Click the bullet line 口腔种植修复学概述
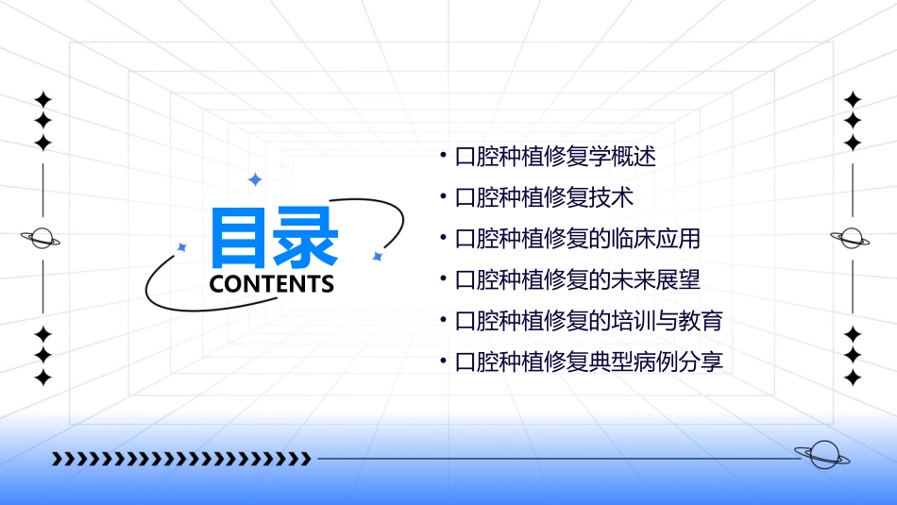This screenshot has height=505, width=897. (555, 157)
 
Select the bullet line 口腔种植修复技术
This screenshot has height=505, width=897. (544, 198)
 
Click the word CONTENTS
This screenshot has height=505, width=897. (272, 284)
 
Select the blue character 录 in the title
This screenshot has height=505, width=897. (306, 239)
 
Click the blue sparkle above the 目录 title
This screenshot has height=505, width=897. (254, 179)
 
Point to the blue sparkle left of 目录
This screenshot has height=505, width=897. (182, 247)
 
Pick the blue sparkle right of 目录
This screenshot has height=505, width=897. (377, 256)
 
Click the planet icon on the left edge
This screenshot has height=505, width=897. (42, 238)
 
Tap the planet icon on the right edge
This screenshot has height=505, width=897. (851, 238)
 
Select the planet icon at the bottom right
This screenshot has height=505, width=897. (821, 456)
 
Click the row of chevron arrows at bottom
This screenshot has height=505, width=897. (180, 459)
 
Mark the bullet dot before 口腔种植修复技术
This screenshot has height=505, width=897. (444, 197)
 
